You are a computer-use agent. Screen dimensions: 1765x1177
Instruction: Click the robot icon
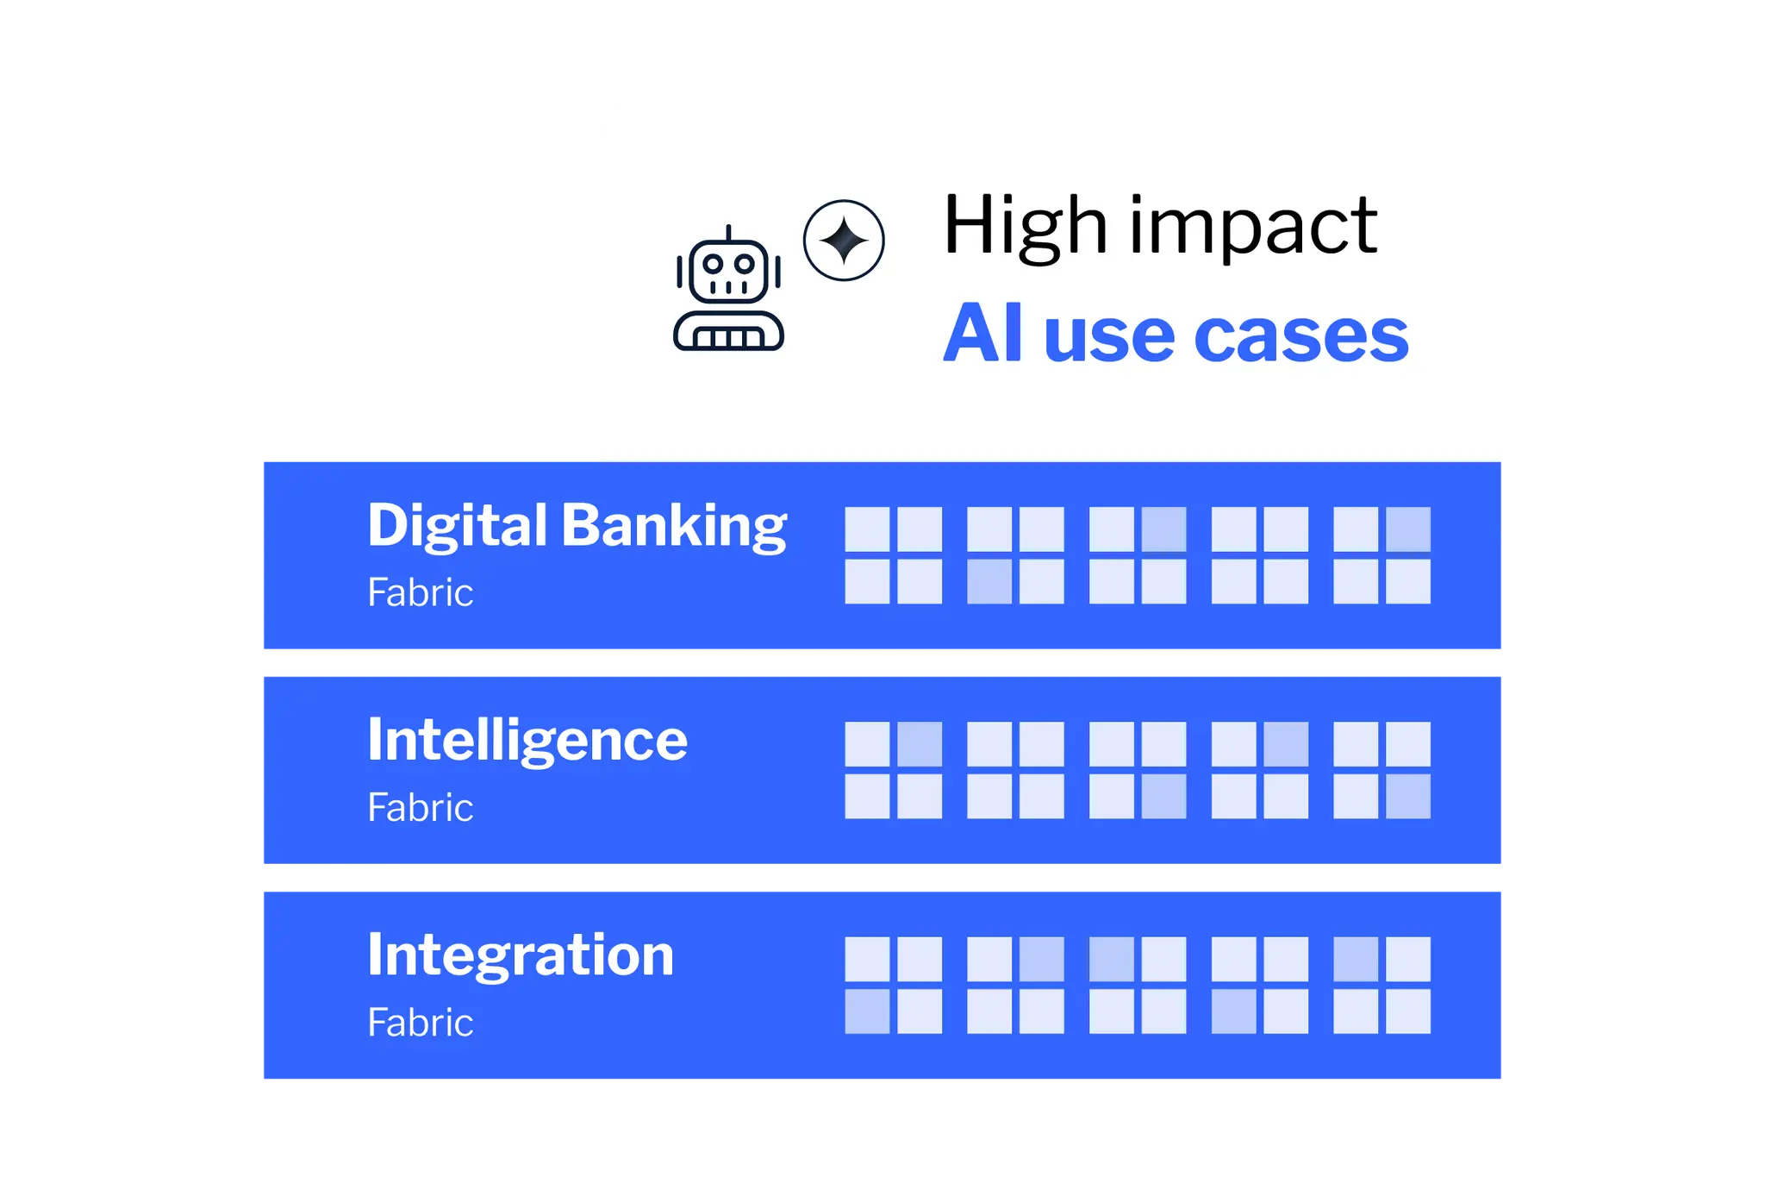[x=728, y=289]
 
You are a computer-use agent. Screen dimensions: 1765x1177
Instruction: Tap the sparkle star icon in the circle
[x=844, y=240]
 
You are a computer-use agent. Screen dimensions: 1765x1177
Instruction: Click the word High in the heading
[x=1026, y=226]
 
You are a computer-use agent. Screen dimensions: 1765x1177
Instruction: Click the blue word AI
[x=982, y=334]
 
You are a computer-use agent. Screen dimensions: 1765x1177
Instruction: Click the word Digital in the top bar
[x=458, y=526]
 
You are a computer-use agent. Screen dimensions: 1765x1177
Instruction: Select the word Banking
[x=674, y=526]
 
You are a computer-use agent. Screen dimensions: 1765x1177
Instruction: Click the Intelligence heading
[x=527, y=741]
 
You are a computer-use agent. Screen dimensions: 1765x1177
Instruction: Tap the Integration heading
[x=521, y=955]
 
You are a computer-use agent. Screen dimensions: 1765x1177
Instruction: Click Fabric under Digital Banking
[x=421, y=592]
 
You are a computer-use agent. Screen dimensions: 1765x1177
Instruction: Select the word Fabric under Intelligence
[x=421, y=808]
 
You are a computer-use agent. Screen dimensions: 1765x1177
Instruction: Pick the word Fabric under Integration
[x=421, y=1023]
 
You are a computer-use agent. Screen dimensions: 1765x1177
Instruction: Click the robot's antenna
[x=729, y=233]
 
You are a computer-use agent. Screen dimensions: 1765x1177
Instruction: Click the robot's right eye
[x=745, y=263]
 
